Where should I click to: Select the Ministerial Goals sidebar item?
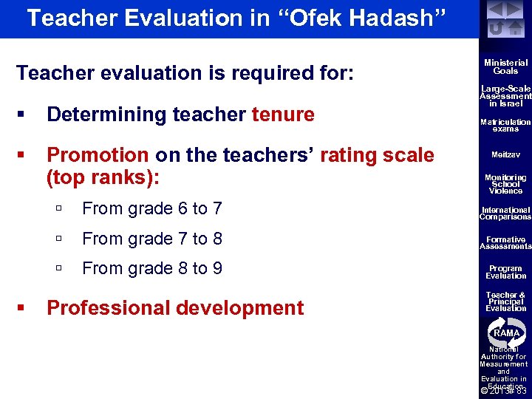coord(506,67)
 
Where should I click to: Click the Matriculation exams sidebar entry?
coord(506,125)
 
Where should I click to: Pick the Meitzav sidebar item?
coord(506,154)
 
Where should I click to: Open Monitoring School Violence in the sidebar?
coord(506,184)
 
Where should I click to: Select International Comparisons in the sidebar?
coord(506,214)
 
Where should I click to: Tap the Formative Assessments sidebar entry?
coord(506,243)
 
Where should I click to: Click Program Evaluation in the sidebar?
coord(506,272)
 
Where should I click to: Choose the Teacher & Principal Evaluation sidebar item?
coord(506,301)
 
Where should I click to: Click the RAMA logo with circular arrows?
coord(506,332)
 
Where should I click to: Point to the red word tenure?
coord(283,115)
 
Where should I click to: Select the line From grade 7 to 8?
coord(151,239)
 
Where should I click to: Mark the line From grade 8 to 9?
coord(151,268)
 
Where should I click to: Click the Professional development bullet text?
coord(175,308)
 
